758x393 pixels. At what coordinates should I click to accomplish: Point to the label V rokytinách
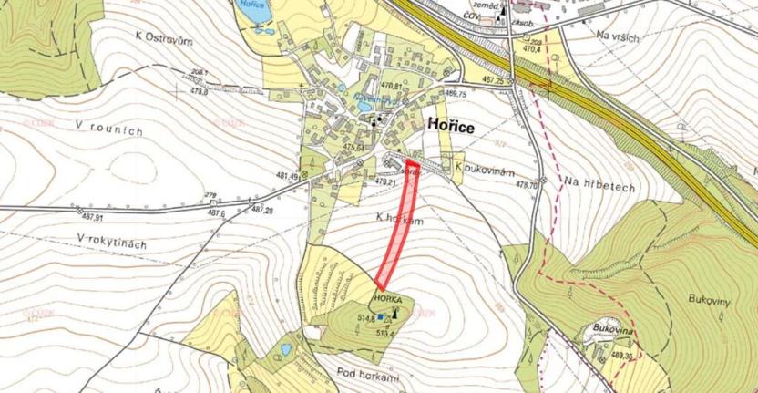[112, 243]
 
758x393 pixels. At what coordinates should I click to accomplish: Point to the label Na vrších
[619, 36]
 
